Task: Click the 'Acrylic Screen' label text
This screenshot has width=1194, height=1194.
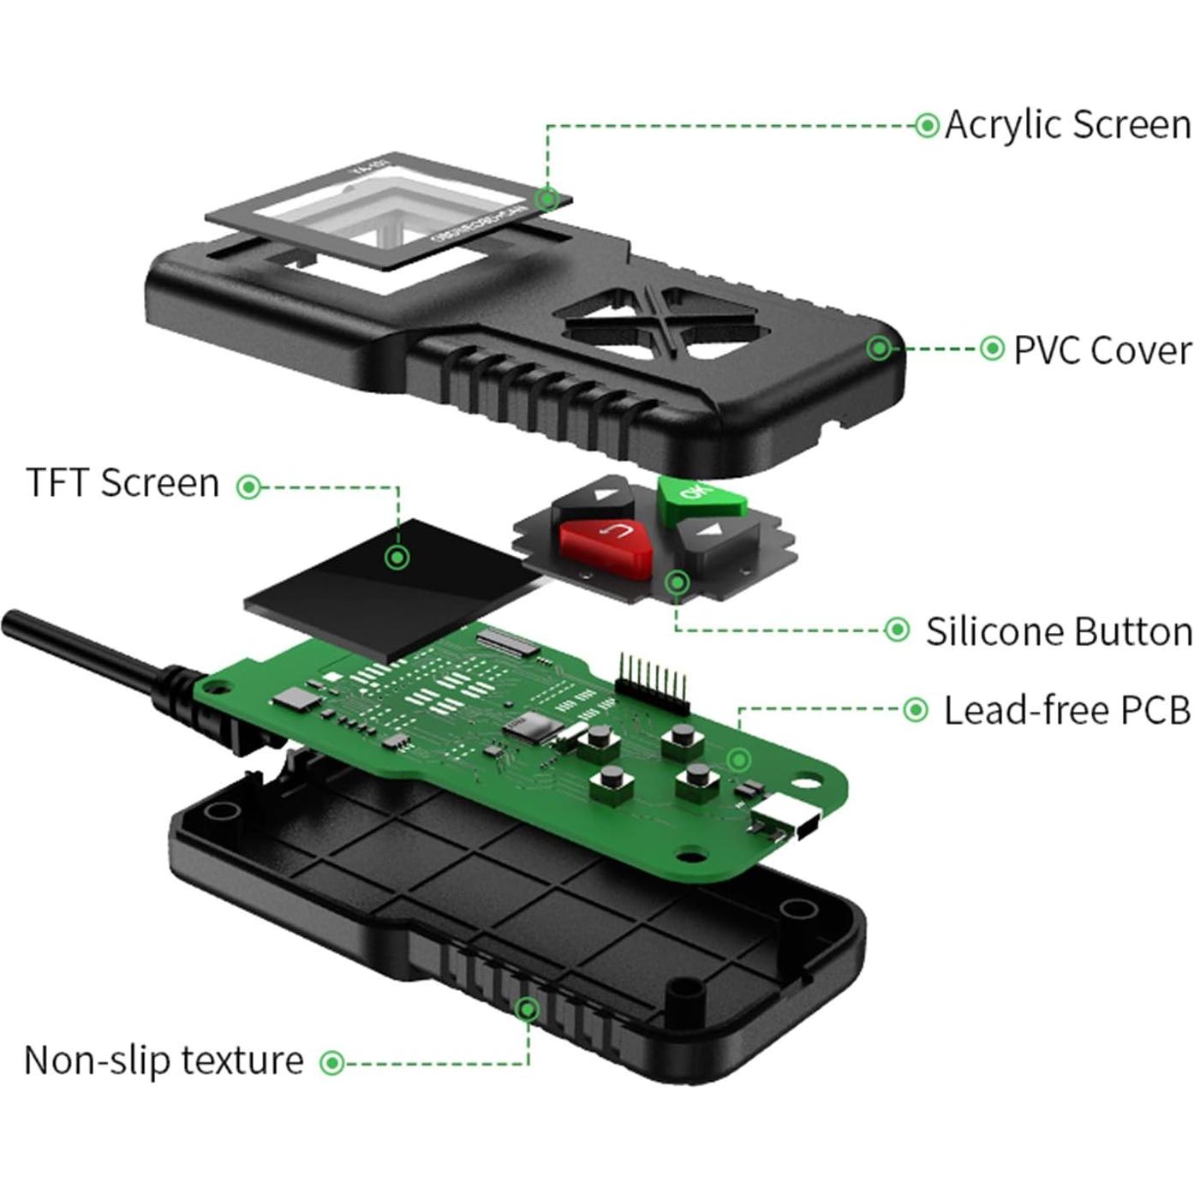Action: point(1067,125)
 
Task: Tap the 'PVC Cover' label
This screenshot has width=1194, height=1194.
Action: point(1101,350)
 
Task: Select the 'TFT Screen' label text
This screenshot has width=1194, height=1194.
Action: point(122,483)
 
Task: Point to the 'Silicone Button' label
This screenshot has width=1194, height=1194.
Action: point(1059,632)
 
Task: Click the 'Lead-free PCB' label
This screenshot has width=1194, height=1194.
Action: point(1066,711)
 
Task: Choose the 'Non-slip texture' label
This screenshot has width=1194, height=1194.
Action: point(164,1060)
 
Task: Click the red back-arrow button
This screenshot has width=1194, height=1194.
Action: point(605,539)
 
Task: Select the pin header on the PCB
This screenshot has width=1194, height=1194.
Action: point(653,682)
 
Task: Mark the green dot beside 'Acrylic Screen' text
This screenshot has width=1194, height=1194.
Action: point(926,126)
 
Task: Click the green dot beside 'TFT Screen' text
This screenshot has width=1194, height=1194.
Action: point(248,487)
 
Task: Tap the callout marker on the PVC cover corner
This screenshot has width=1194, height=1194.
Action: point(879,348)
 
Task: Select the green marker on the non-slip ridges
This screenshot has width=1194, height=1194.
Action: point(528,1009)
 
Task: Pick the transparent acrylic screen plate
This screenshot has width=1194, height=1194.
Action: point(385,214)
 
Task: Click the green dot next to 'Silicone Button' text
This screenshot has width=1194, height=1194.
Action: point(896,630)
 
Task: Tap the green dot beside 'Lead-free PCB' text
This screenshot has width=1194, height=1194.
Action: point(916,710)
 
